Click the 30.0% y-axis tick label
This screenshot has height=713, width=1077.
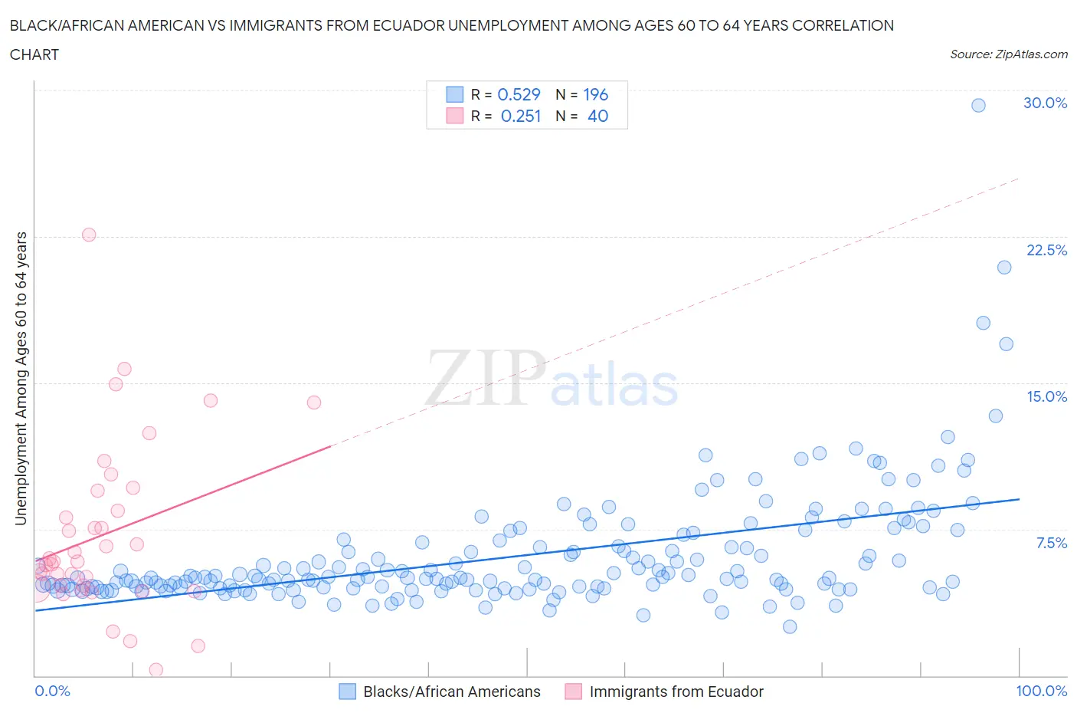pyautogui.click(x=1045, y=103)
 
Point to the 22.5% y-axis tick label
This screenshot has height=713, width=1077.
pyautogui.click(x=1046, y=250)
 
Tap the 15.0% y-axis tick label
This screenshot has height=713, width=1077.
pyautogui.click(x=1046, y=396)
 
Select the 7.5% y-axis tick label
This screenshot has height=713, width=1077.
pyautogui.click(x=1051, y=543)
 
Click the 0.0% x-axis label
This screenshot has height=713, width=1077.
pyautogui.click(x=53, y=691)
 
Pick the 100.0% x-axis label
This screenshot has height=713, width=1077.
pyautogui.click(x=1041, y=691)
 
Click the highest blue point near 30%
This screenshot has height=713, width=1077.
pyautogui.click(x=978, y=105)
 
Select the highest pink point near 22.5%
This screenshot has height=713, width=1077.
pyautogui.click(x=89, y=235)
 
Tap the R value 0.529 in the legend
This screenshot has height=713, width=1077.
pyautogui.click(x=519, y=94)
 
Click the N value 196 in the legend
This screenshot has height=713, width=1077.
pyautogui.click(x=595, y=94)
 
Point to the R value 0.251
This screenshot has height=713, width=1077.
pyautogui.click(x=520, y=116)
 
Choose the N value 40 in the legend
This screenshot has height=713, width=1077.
pyautogui.click(x=597, y=116)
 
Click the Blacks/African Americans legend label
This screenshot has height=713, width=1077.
pyautogui.click(x=451, y=692)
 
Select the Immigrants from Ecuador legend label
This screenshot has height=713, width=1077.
pyautogui.click(x=676, y=692)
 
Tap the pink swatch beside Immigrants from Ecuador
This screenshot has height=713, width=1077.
pyautogui.click(x=573, y=692)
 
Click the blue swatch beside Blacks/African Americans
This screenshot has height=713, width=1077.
pyautogui.click(x=347, y=692)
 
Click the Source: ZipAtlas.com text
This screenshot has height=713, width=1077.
pyautogui.click(x=1008, y=54)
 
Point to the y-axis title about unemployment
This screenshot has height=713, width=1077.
pyautogui.click(x=21, y=379)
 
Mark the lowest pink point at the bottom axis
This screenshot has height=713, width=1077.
pyautogui.click(x=155, y=670)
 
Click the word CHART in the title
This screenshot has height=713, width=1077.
pyautogui.click(x=34, y=54)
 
